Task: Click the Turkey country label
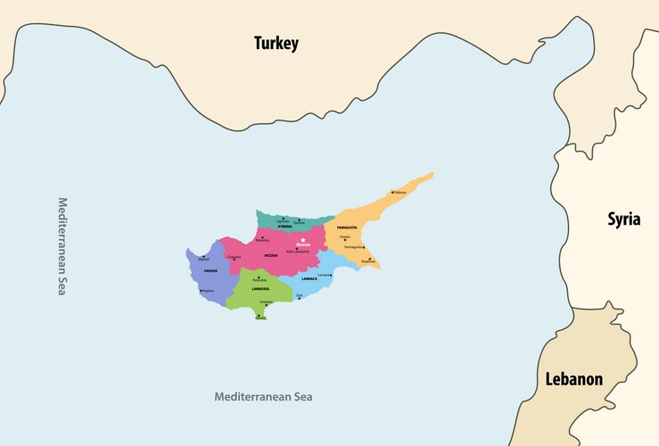click(x=276, y=43)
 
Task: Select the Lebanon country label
click(x=573, y=379)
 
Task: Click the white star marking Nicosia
click(x=304, y=239)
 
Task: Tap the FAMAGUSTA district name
click(x=347, y=227)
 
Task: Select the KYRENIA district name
click(x=284, y=227)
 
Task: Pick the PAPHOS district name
click(x=210, y=270)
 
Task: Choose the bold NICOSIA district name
click(x=270, y=255)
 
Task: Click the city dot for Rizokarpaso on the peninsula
click(x=391, y=192)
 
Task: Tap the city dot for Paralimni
click(x=371, y=259)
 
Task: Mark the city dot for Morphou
click(x=262, y=237)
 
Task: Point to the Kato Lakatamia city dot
click(x=297, y=249)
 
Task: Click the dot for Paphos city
click(x=202, y=290)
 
